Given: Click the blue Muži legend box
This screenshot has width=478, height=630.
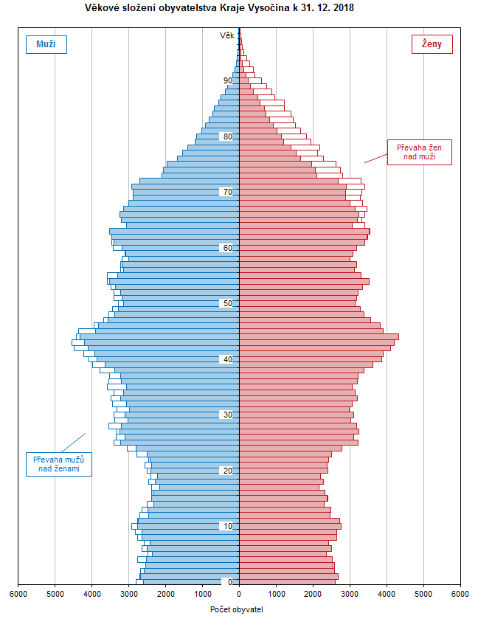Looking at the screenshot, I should point(46,44).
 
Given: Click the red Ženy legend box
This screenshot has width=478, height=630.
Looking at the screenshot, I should point(432,44).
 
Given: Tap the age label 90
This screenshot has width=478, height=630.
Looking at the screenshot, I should point(228,81).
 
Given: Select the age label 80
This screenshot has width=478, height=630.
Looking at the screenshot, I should point(228,136).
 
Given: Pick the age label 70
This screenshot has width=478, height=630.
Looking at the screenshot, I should point(228,193).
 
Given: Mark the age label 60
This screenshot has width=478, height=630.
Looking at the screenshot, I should point(228,248).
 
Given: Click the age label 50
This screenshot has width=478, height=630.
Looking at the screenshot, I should point(228,303).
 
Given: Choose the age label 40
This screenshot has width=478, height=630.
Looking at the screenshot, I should point(228,359).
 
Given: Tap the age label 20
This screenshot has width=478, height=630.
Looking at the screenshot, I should point(228,471).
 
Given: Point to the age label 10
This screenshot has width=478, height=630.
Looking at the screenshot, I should point(228,526).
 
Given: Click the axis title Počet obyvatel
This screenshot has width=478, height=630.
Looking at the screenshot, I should point(237,609).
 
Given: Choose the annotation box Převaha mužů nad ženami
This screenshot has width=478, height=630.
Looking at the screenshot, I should point(59,464).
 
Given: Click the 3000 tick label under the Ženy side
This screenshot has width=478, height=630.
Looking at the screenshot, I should point(350,593).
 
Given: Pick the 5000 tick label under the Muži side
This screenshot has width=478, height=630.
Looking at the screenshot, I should point(55,593).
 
